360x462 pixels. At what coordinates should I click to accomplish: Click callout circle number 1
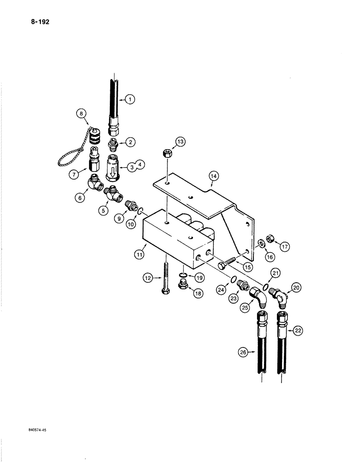coord(130,98)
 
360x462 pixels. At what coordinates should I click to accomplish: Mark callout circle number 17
coord(284,247)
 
